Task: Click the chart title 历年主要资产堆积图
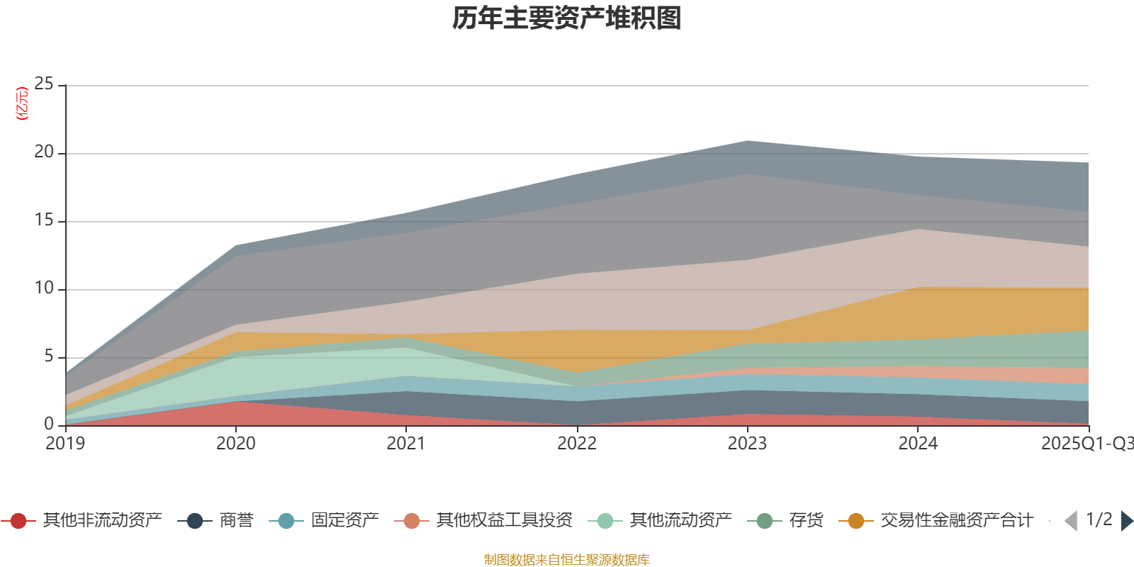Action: point(567,18)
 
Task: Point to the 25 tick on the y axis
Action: point(44,84)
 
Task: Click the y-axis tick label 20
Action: point(44,152)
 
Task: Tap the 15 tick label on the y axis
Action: point(44,220)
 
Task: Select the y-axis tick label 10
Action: point(44,288)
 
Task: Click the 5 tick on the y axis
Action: point(48,357)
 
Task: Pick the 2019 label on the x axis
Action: point(65,444)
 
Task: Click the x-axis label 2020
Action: point(235,444)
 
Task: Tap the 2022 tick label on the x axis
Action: point(577,444)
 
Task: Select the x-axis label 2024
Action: point(918,444)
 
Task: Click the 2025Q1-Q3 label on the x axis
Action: point(1086,444)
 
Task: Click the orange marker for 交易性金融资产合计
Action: point(856,521)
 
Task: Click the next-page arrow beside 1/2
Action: point(1126,521)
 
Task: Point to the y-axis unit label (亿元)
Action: point(22,103)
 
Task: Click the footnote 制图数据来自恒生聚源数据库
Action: point(567,560)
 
